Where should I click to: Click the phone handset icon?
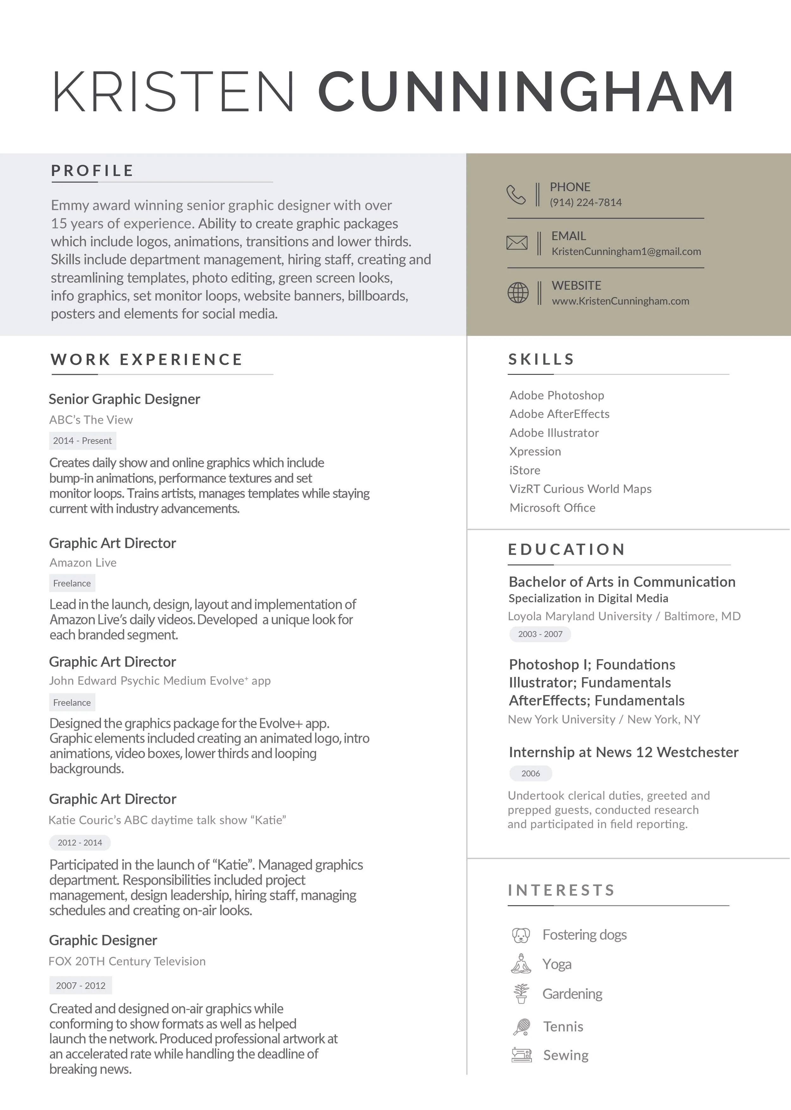(x=516, y=194)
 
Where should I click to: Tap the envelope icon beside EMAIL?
(x=517, y=243)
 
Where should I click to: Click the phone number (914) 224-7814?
(x=585, y=202)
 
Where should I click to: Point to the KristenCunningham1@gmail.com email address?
(x=626, y=251)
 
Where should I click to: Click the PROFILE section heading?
(x=92, y=171)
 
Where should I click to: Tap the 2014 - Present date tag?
(x=82, y=440)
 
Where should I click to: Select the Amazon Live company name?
(x=83, y=563)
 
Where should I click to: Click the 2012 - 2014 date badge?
(x=80, y=842)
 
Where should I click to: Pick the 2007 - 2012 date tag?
(x=80, y=985)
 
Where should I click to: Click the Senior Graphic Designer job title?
(x=124, y=399)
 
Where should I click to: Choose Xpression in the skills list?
(x=535, y=451)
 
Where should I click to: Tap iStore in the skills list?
(x=525, y=470)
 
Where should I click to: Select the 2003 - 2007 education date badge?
(x=540, y=634)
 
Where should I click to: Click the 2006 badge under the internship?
(x=530, y=773)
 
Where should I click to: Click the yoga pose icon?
(x=521, y=964)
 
